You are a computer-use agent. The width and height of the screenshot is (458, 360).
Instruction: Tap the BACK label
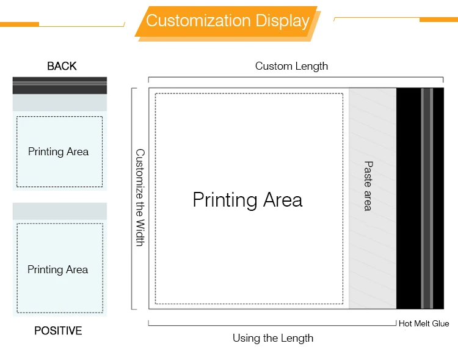62,66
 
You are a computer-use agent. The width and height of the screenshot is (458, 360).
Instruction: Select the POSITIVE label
58,331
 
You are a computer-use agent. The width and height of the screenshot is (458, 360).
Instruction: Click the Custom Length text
291,66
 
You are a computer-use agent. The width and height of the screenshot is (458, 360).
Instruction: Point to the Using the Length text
273,338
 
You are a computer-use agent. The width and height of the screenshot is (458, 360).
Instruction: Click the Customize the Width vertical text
140,197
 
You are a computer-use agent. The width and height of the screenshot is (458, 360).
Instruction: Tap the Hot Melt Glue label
424,324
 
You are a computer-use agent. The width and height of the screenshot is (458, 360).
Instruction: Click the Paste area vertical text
368,186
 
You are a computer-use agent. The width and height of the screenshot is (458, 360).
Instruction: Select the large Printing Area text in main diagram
247,200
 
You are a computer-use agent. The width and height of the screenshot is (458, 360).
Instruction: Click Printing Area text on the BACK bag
58,152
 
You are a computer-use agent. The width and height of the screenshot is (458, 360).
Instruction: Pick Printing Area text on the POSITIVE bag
57,270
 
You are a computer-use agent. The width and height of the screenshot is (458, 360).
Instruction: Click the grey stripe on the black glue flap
427,198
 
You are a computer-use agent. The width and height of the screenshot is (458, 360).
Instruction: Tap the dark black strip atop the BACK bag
60,85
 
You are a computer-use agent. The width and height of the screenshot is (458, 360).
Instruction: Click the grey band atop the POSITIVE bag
60,211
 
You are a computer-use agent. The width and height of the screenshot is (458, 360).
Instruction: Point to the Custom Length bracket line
296,78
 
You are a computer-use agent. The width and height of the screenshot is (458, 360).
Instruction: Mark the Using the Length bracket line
272,325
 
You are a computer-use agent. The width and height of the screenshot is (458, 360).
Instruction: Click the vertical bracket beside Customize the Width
132,198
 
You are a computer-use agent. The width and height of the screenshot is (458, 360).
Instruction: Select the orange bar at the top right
438,20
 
